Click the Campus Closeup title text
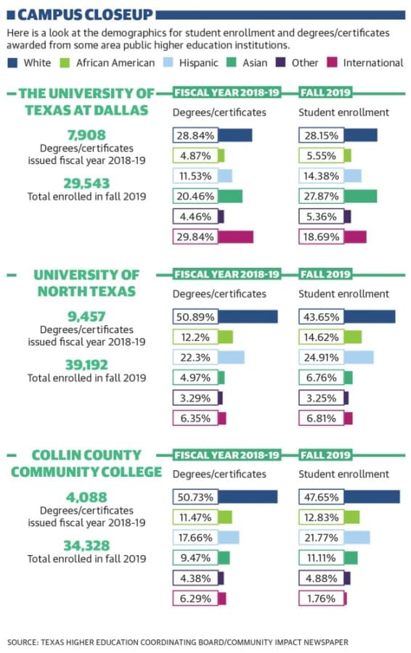[85, 15]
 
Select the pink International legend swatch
[332, 62]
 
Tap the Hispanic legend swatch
[168, 62]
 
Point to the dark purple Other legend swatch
[280, 62]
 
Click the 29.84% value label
[195, 237]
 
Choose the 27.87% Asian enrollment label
[321, 196]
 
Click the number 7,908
[86, 135]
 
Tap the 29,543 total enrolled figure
[86, 184]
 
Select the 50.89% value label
[195, 317]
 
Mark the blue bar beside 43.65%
[370, 317]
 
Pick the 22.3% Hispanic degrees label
[195, 357]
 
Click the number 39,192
[86, 365]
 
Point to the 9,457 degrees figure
[86, 316]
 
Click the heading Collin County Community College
[86, 464]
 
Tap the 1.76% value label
[321, 599]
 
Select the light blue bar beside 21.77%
[357, 538]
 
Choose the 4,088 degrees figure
[86, 497]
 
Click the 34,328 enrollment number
[86, 546]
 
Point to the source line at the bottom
[178, 642]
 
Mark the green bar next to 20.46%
[229, 196]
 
